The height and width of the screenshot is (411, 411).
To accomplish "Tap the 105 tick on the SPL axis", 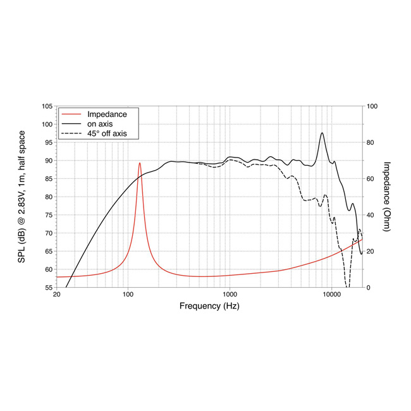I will pyautogui.click(x=46, y=106).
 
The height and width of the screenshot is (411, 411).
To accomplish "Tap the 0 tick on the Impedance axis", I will pyautogui.click(x=369, y=288).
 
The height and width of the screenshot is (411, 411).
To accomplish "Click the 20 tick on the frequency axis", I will pyautogui.click(x=57, y=295).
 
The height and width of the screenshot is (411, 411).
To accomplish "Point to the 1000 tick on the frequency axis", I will pyautogui.click(x=230, y=295).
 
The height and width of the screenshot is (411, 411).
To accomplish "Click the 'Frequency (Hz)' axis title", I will pyautogui.click(x=209, y=305).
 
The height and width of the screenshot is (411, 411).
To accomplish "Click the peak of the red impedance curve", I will pyautogui.click(x=140, y=163).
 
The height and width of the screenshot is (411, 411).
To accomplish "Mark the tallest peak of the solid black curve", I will pyautogui.click(x=322, y=133).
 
